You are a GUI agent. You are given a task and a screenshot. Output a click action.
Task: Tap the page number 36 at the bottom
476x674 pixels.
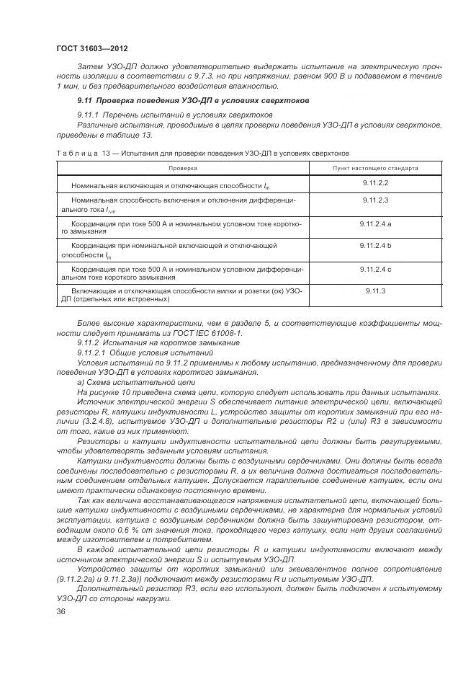(60, 611)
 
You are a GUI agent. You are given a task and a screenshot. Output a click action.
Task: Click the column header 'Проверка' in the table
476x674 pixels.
(183, 168)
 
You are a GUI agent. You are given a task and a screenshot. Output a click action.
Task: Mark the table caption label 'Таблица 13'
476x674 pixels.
(86, 153)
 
